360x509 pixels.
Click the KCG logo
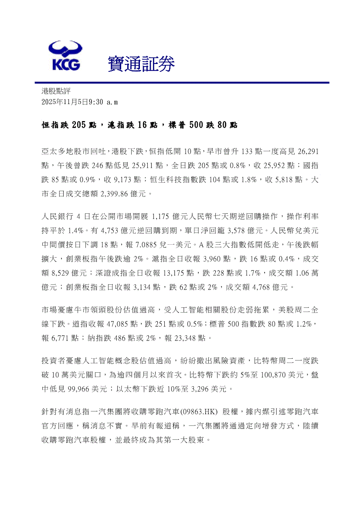(65, 56)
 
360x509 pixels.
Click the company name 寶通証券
(141, 65)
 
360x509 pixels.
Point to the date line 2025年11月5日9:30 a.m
(79, 102)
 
